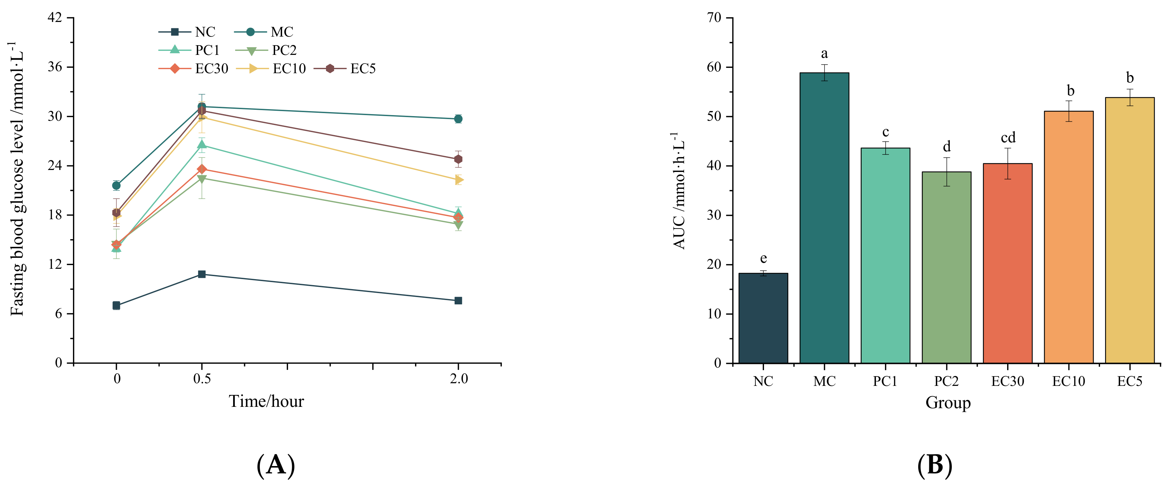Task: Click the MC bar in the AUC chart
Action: (824, 217)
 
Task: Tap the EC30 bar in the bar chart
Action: (1007, 263)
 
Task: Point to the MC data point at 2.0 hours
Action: (458, 119)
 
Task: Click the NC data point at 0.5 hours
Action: (202, 274)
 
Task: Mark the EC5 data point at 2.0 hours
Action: (458, 159)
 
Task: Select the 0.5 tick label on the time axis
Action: (202, 379)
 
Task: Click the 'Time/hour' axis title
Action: (266, 401)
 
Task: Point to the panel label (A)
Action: (276, 465)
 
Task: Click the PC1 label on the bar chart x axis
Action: (885, 381)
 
